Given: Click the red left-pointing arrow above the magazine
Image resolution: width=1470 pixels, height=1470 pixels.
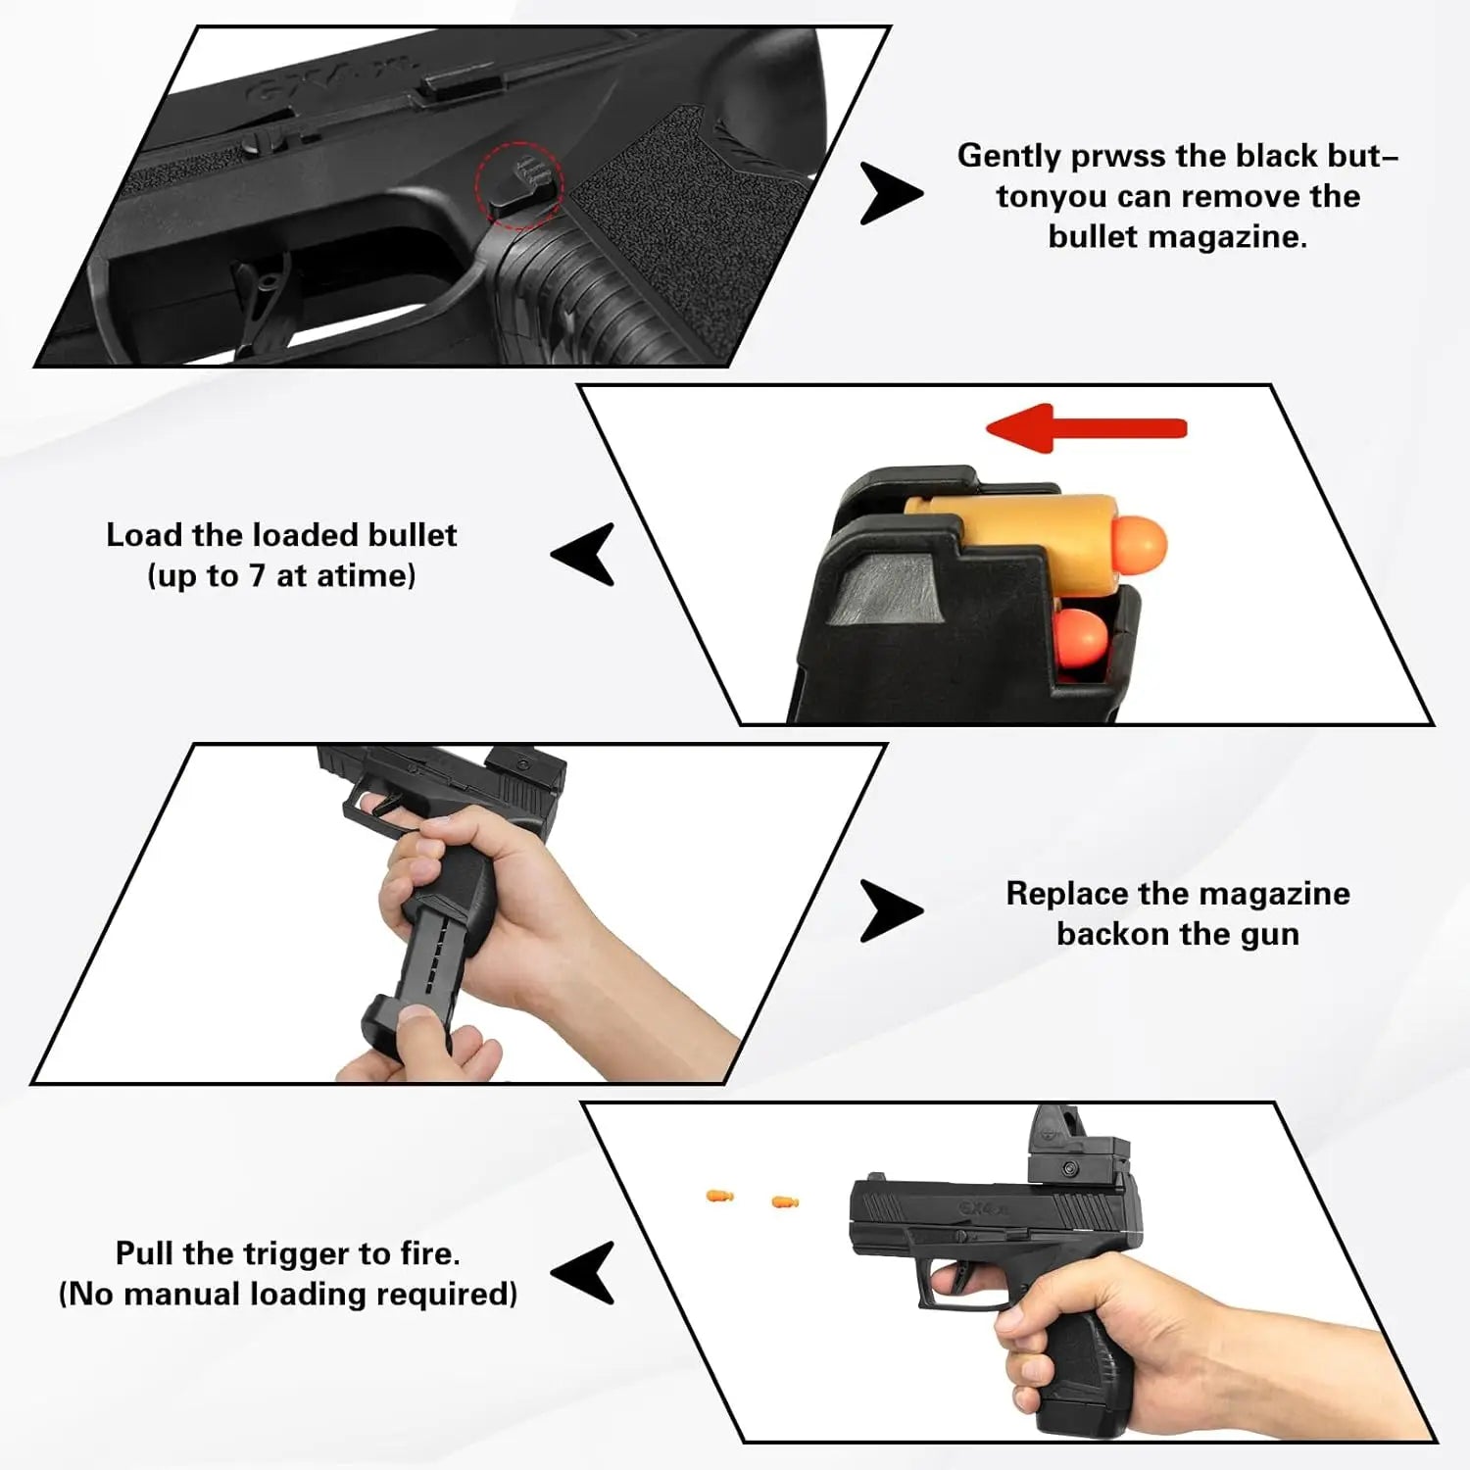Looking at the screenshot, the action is tap(1086, 428).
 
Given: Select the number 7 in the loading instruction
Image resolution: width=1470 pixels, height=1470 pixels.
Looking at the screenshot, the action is tap(257, 575).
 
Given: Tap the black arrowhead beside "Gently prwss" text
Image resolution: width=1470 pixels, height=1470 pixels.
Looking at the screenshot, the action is tap(891, 193).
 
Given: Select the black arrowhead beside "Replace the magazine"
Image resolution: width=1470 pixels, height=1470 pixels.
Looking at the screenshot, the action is tap(891, 911).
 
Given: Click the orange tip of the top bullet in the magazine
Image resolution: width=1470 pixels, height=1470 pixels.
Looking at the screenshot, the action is tap(1140, 542).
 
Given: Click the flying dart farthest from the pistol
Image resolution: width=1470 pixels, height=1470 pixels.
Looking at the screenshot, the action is tap(719, 1196).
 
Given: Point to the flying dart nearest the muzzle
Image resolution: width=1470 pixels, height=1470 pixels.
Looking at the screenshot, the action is tap(785, 1201).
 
